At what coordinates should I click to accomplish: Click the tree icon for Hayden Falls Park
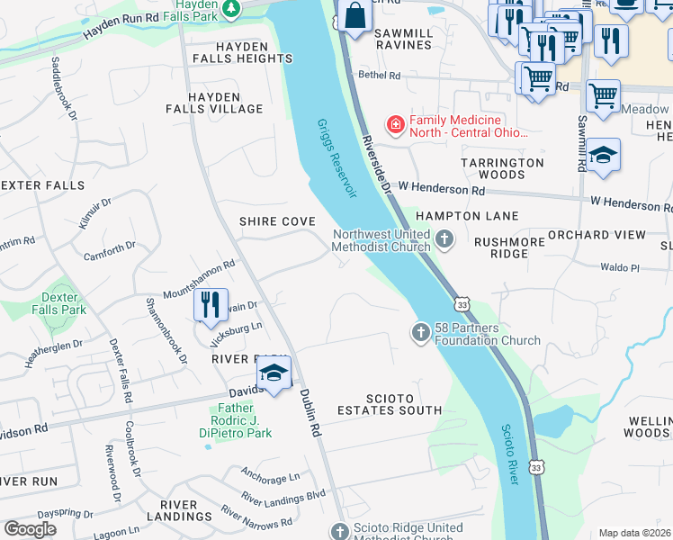click(232, 8)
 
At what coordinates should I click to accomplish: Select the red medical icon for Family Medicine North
click(394, 124)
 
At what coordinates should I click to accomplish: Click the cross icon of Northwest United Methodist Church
click(444, 239)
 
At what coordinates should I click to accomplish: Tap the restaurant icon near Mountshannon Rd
click(209, 304)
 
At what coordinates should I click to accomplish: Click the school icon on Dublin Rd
click(274, 374)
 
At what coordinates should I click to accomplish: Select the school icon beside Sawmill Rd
click(604, 155)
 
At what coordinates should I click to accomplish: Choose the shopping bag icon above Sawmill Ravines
click(355, 16)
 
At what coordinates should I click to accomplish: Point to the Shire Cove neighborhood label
click(276, 221)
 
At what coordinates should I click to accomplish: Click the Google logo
click(30, 529)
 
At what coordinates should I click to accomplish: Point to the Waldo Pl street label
click(621, 267)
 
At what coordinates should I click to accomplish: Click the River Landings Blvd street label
click(282, 496)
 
